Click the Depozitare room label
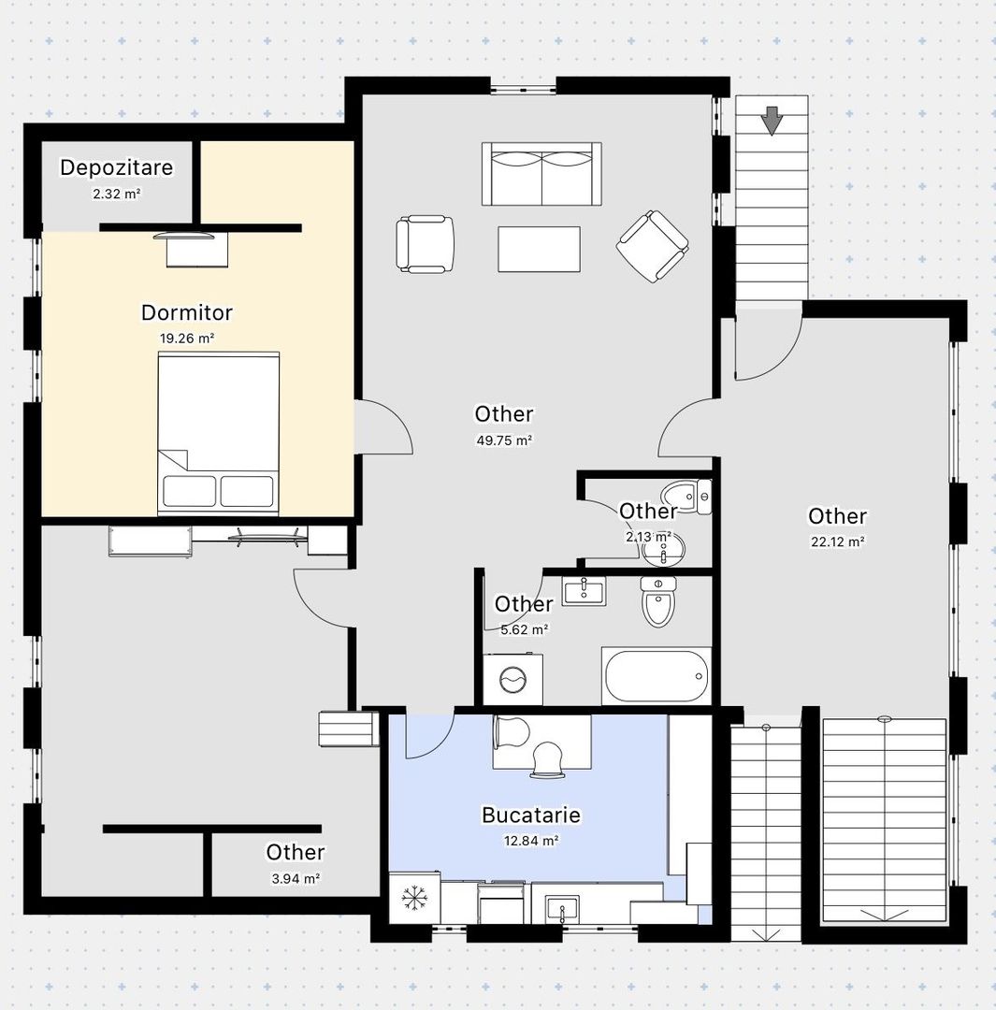click(117, 167)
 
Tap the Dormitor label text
click(187, 312)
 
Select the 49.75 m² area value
click(504, 440)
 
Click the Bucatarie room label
click(531, 815)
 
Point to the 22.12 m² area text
click(838, 541)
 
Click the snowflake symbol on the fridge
click(414, 898)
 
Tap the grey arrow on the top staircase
click(772, 121)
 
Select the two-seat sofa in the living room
click(541, 174)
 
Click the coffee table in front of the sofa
click(540, 249)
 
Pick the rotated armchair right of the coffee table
click(652, 246)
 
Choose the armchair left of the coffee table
click(425, 244)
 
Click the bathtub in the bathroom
click(657, 676)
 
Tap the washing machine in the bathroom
click(512, 680)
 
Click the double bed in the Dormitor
click(219, 434)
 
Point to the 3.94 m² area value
click(296, 878)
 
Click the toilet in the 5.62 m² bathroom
click(657, 601)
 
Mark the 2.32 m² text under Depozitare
click(117, 194)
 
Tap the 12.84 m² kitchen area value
click(531, 841)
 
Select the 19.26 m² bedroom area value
click(187, 339)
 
